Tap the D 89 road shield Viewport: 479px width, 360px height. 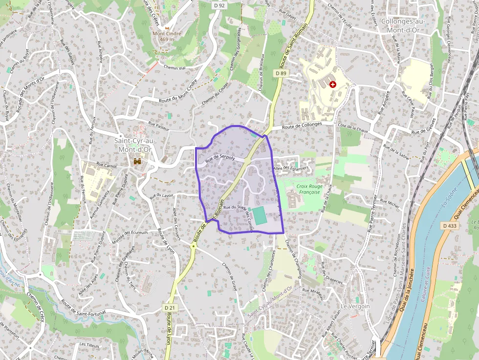(x=280, y=73)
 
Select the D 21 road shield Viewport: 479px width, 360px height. (x=169, y=308)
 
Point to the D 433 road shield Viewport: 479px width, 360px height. (x=450, y=226)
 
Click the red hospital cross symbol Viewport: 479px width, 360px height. (x=333, y=85)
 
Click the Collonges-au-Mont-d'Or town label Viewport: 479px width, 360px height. (x=404, y=25)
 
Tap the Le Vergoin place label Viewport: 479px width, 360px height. (x=355, y=306)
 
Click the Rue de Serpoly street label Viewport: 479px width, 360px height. (x=220, y=158)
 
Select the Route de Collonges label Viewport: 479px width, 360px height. (x=302, y=125)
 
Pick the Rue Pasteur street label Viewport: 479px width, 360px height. (x=158, y=126)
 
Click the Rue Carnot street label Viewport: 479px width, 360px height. (x=107, y=166)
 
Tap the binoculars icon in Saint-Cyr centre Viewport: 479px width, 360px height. (x=138, y=161)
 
